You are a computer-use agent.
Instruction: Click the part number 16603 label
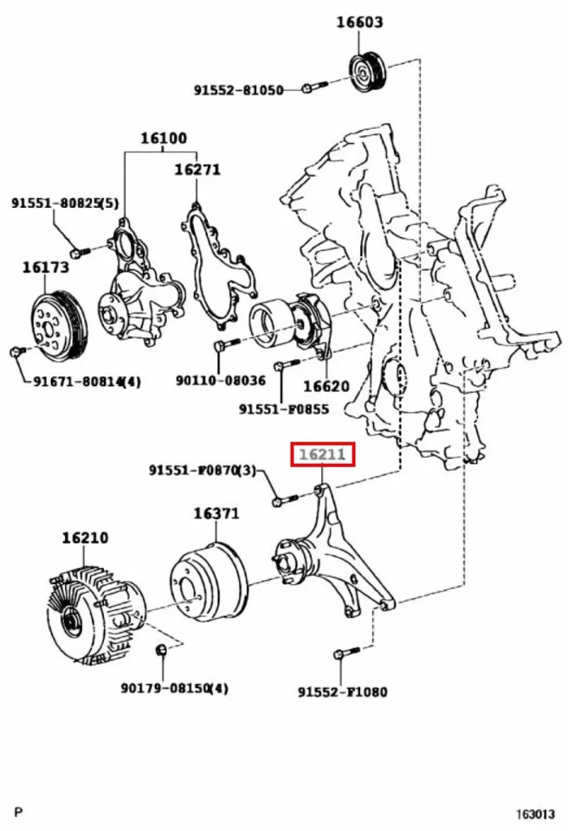(x=359, y=23)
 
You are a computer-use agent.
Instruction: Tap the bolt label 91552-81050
(x=238, y=89)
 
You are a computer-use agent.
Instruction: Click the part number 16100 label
(x=164, y=138)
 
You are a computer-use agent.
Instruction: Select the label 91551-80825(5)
(x=64, y=203)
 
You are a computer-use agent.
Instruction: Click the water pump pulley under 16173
(x=56, y=327)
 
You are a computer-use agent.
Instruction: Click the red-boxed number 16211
(x=322, y=454)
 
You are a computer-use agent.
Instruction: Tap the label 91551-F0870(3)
(x=203, y=471)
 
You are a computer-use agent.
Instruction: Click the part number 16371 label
(x=216, y=513)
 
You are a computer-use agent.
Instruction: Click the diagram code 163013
(x=536, y=815)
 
